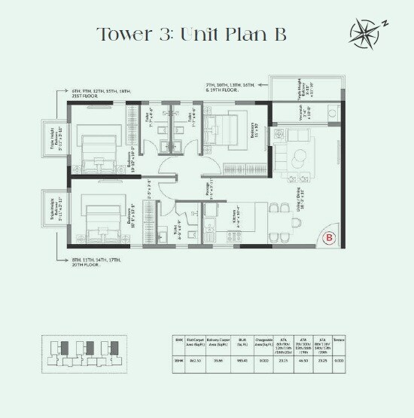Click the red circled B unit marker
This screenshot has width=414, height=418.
(x=328, y=239)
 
